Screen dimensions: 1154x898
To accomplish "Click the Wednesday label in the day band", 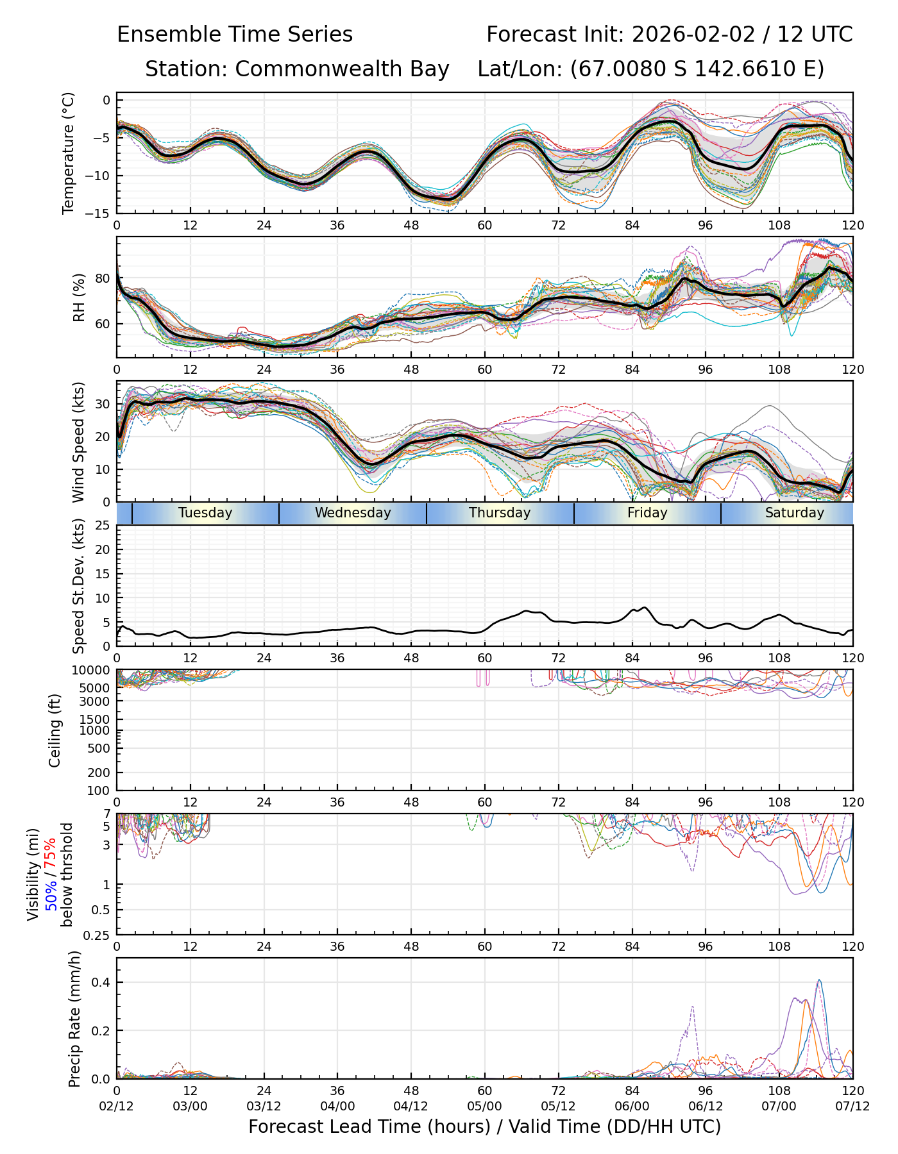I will coord(353,513).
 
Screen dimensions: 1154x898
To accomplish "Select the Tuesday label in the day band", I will coord(205,513).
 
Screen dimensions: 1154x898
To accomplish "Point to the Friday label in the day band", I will coord(647,513).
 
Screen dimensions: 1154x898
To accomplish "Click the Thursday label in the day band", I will coord(500,513).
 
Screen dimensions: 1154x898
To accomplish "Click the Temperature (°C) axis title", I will coord(68,153).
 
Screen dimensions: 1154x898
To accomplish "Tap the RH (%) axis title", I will coord(79,297).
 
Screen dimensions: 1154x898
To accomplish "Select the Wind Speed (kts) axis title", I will coord(78,442).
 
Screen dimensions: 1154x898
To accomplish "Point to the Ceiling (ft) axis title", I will coord(55,730).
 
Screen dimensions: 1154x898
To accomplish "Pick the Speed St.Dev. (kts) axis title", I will coord(78,586).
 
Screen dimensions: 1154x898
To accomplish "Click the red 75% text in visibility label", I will coord(50,853).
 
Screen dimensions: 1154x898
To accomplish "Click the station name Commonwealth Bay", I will coord(342,69).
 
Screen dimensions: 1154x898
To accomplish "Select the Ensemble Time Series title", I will coord(235,35).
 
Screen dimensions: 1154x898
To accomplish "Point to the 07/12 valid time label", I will coord(852,1107).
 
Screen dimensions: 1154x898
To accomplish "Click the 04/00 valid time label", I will coord(337,1107).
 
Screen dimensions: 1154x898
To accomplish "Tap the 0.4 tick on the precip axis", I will coord(103,982).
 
